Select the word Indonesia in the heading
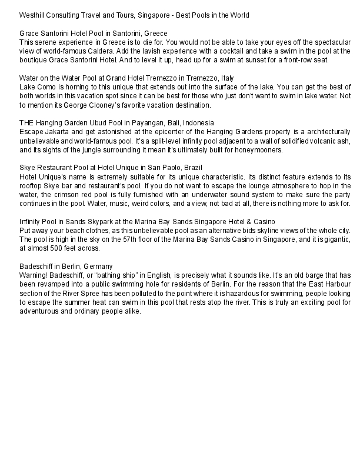196,122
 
